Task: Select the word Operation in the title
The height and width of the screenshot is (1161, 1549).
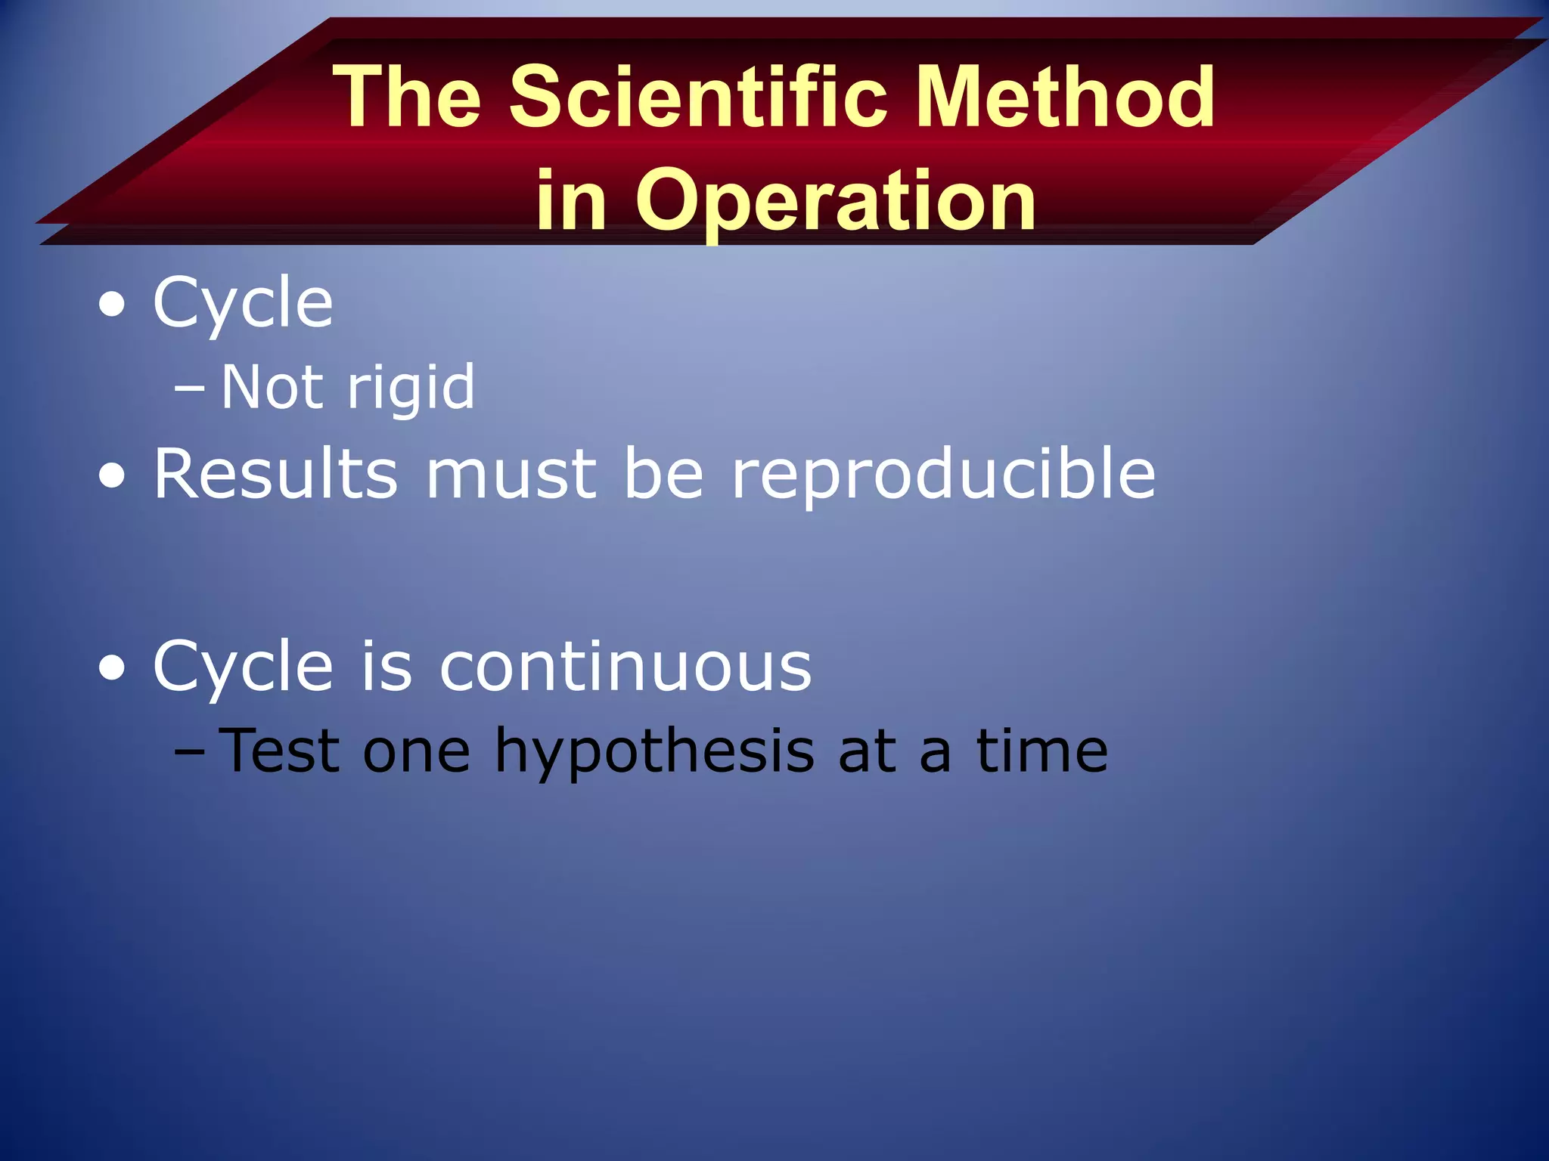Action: click(x=836, y=200)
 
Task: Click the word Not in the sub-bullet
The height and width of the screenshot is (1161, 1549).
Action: click(x=272, y=387)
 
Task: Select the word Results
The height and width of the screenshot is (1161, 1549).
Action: click(x=275, y=474)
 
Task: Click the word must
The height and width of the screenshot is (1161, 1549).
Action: click(x=511, y=475)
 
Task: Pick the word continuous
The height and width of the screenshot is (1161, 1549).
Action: click(x=625, y=667)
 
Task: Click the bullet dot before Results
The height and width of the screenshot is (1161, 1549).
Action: click(x=113, y=477)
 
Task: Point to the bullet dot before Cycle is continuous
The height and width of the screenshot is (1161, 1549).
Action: click(x=113, y=669)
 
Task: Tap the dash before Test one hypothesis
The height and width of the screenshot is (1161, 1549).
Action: click(x=188, y=753)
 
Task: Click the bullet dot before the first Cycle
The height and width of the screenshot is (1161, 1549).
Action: click(x=113, y=305)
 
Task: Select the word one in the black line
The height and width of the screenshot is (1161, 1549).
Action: click(x=417, y=753)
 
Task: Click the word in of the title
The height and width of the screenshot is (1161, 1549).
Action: click(x=572, y=200)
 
